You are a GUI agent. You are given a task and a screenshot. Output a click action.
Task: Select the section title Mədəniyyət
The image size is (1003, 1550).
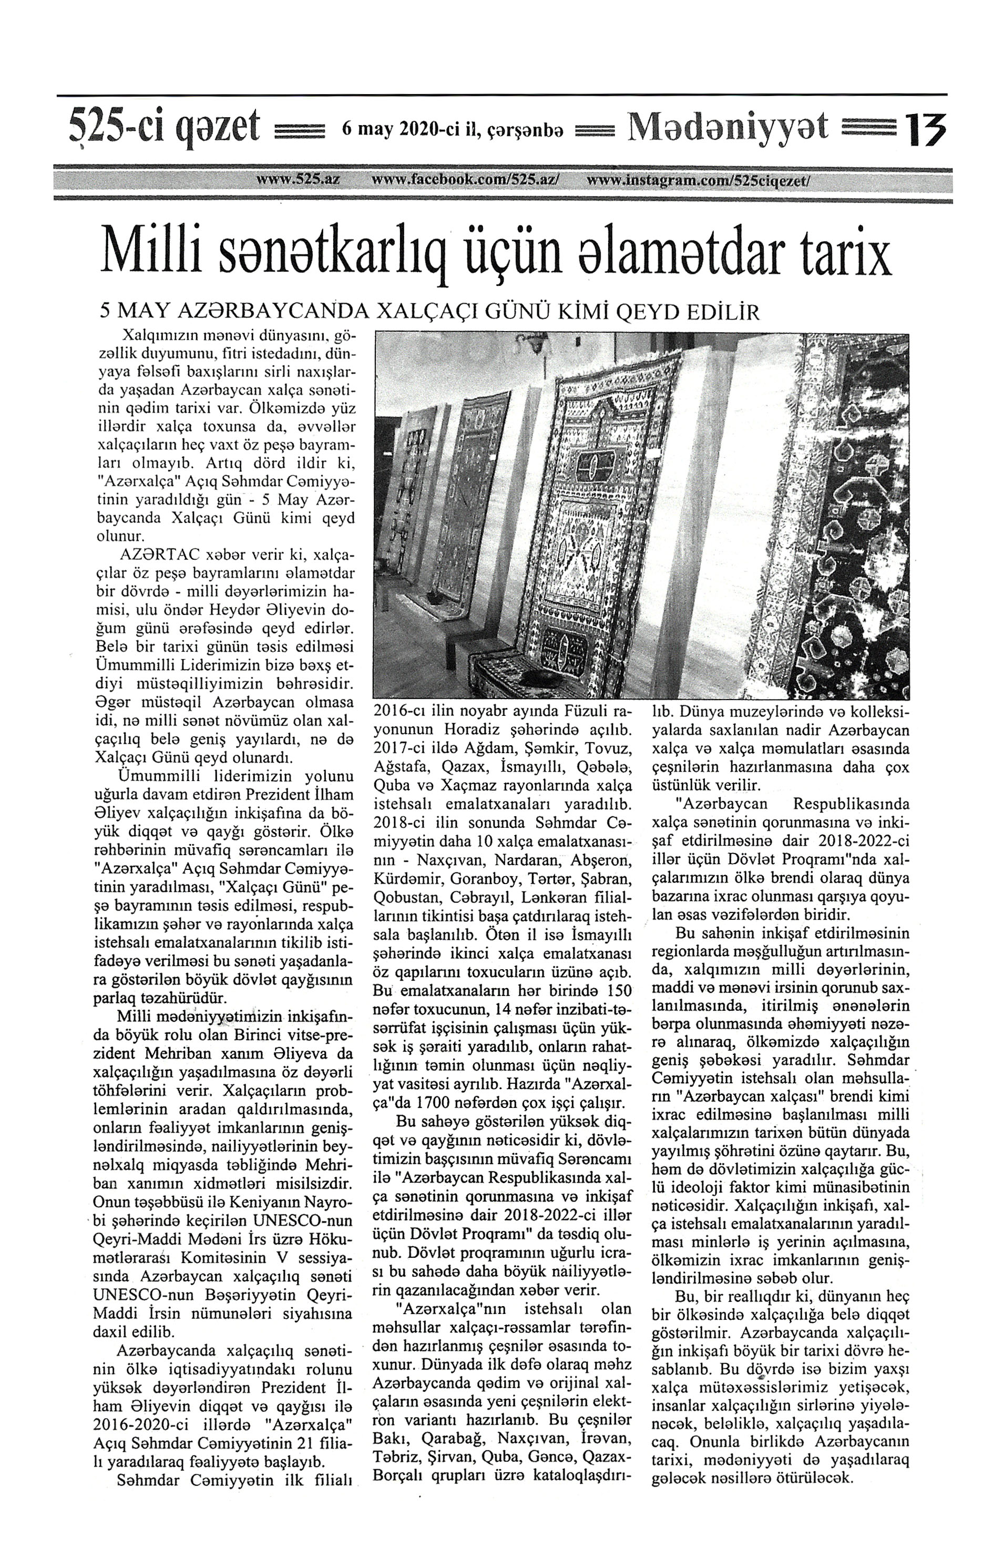pyautogui.click(x=728, y=127)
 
